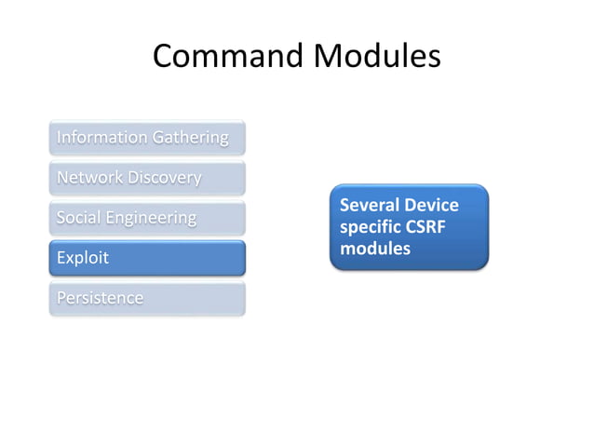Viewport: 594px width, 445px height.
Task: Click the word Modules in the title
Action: pos(377,57)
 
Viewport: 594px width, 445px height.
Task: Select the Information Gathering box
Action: pos(147,138)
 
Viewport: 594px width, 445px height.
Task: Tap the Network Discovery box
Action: pos(147,178)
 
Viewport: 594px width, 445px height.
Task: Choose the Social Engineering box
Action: pos(147,218)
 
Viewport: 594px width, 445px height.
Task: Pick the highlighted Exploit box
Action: pos(147,258)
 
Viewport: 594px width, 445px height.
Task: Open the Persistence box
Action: pos(147,299)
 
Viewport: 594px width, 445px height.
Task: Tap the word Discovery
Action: pos(165,178)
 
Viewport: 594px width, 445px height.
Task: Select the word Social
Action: pos(77,218)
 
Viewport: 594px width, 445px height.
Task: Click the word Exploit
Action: pos(83,258)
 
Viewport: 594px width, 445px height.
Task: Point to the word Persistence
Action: pos(101,299)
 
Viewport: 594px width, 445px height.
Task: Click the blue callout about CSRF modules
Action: pos(409,227)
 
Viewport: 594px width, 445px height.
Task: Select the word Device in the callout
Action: pos(431,205)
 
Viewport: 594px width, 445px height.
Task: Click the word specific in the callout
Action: pos(371,228)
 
